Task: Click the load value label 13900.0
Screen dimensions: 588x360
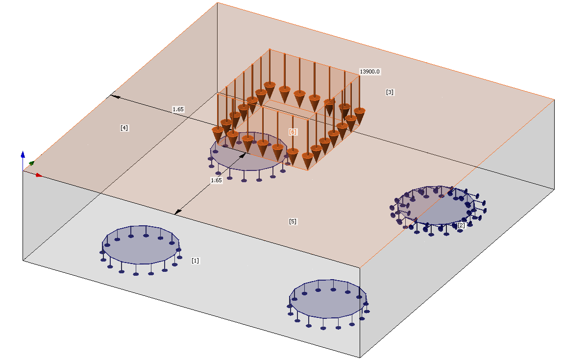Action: coord(369,72)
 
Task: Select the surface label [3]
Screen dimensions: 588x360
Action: coord(390,92)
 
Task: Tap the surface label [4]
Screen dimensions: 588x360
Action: coord(124,128)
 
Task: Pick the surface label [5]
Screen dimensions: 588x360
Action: coord(293,221)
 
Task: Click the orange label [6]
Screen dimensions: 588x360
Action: coord(293,132)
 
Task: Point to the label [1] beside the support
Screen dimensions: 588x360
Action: coord(196,261)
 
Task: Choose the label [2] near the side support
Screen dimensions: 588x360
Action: coord(461,225)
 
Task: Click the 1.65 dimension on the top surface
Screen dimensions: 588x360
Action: coord(178,109)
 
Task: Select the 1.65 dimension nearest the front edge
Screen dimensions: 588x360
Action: coord(216,180)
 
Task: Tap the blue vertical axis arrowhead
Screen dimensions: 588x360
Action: coord(23,154)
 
